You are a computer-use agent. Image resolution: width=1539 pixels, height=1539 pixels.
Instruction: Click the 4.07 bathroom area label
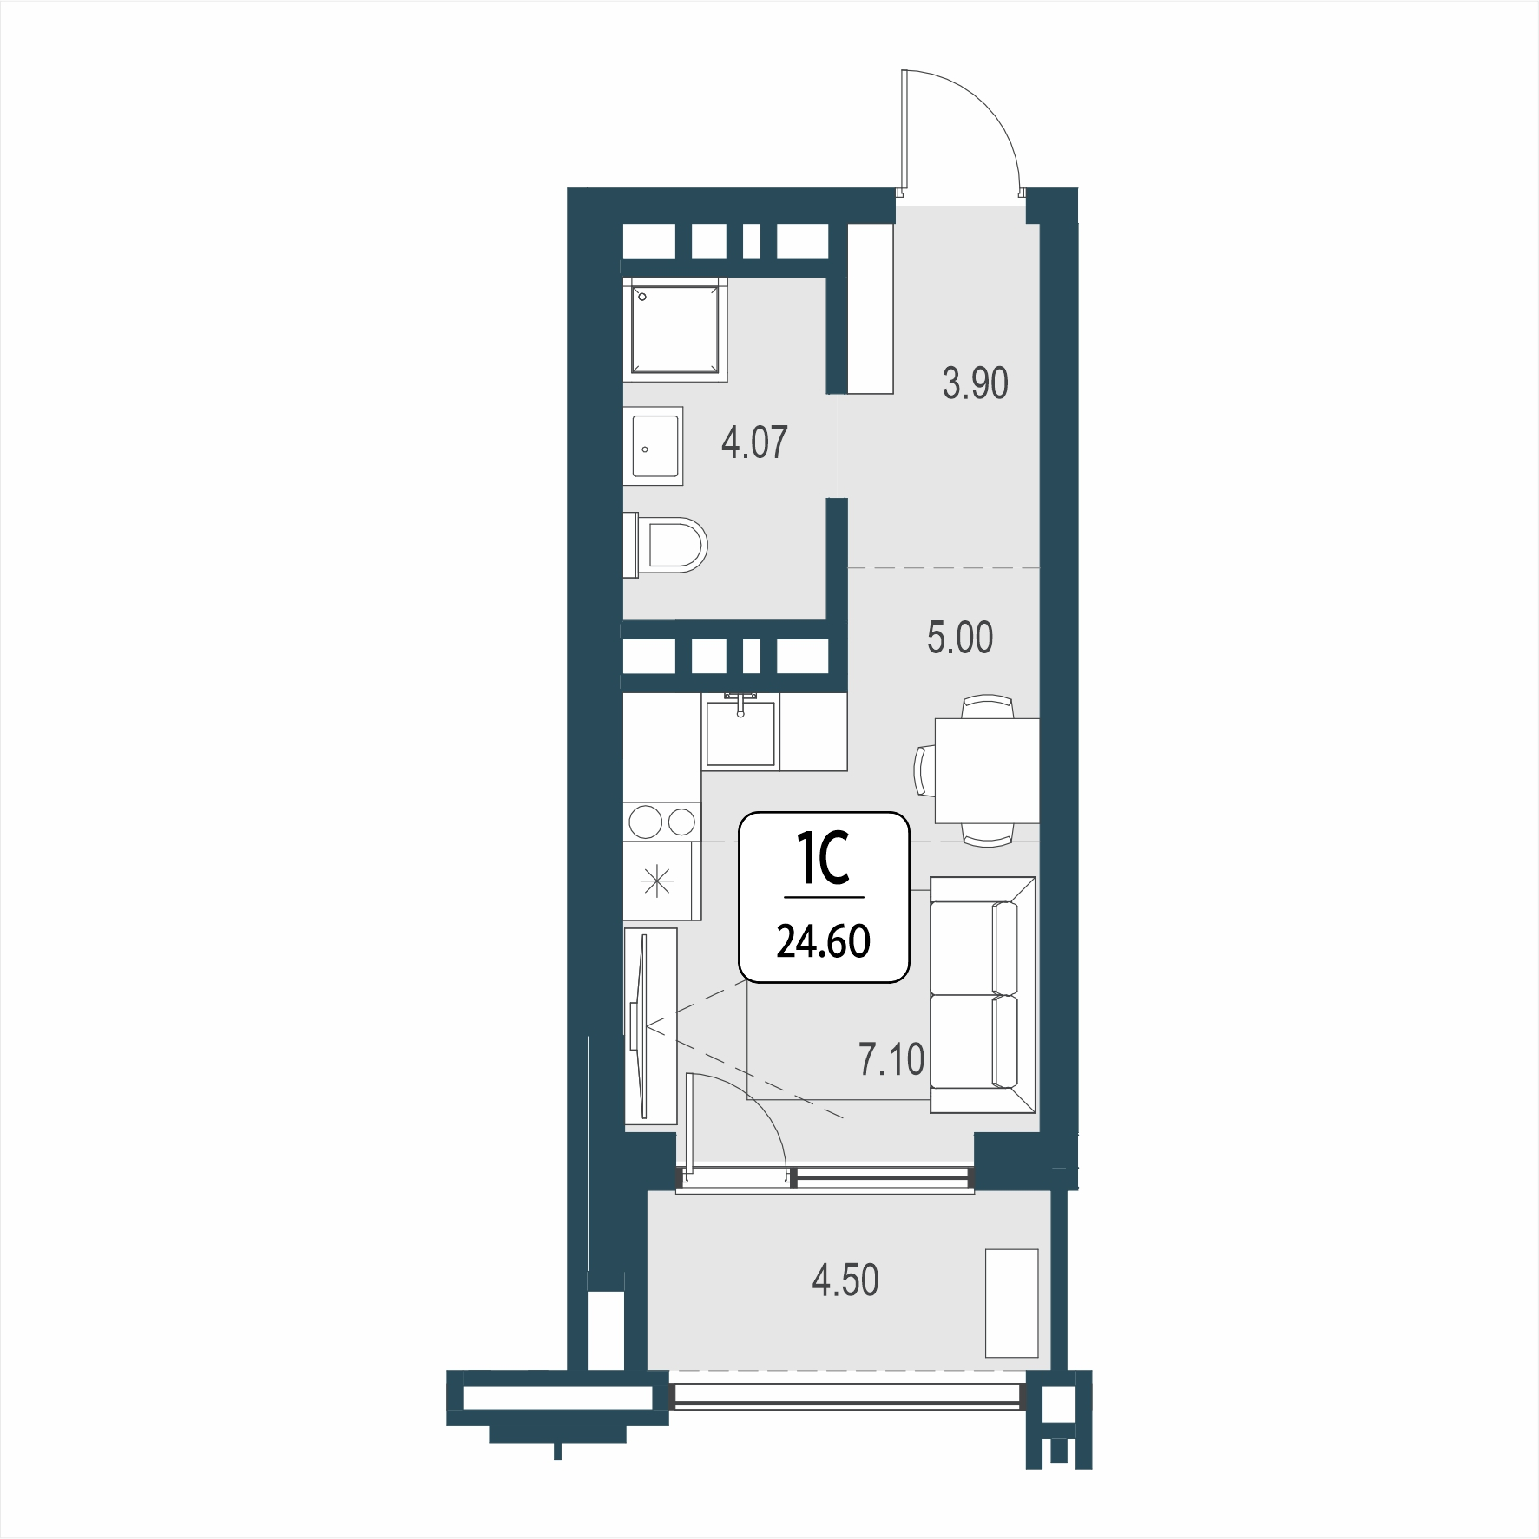click(x=754, y=442)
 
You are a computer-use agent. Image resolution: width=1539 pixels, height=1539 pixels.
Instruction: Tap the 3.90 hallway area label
click(x=976, y=383)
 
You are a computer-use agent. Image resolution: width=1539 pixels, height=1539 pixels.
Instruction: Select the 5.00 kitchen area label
click(x=960, y=638)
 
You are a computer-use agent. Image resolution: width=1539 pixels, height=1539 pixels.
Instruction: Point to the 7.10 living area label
click(x=891, y=1059)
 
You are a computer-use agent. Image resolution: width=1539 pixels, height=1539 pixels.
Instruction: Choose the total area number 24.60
click(x=823, y=942)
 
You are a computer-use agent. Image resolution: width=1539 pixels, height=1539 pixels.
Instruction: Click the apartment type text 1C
click(x=823, y=861)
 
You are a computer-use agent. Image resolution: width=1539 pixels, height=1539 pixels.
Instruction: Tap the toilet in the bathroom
click(x=667, y=545)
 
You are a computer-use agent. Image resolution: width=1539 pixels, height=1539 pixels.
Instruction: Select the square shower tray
click(x=674, y=331)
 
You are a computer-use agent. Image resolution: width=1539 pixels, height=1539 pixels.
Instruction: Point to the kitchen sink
click(x=740, y=731)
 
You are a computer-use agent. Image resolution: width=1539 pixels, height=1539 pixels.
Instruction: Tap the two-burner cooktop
click(x=661, y=820)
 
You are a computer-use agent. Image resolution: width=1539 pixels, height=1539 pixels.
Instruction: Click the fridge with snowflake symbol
click(x=661, y=882)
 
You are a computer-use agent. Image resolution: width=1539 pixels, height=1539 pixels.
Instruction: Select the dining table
click(x=987, y=770)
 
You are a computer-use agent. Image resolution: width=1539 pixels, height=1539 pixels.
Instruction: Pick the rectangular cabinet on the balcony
click(x=1012, y=1302)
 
